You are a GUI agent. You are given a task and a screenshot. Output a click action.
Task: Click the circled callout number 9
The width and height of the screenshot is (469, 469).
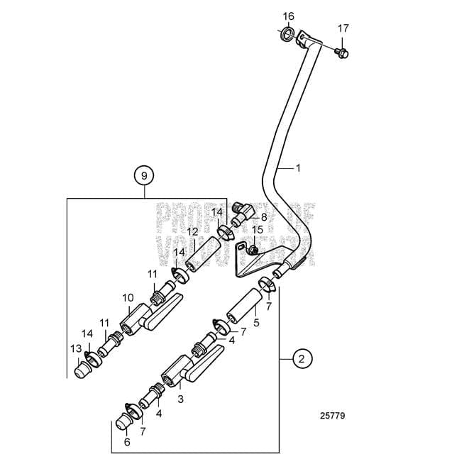point(144,175)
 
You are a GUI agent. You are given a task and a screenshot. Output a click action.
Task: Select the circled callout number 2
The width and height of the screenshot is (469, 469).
point(302,359)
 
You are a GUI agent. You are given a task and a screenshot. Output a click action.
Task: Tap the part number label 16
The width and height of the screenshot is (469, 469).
point(288,16)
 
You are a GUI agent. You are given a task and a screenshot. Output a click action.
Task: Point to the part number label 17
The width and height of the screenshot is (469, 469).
point(343,28)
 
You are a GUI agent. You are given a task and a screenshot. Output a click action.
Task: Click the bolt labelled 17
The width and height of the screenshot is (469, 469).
point(343,52)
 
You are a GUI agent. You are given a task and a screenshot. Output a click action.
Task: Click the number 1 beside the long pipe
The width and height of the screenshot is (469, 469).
point(299,168)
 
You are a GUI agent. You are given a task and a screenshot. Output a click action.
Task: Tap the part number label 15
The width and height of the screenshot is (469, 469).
point(258,230)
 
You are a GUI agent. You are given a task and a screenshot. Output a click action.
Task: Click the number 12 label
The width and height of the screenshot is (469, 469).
point(192,232)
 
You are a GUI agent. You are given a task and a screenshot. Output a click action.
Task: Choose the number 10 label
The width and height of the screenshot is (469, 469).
point(128,297)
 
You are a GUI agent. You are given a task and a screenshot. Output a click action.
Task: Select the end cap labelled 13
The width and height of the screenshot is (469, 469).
point(84,368)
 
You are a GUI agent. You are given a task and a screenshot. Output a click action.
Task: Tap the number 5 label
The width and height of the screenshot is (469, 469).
point(257,322)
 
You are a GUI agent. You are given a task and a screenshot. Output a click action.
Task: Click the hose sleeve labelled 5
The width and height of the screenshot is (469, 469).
point(243,308)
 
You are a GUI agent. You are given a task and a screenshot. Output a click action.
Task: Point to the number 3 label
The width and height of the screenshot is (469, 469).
point(181,399)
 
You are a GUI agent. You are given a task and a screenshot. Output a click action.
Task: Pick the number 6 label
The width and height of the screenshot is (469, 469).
point(127,441)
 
